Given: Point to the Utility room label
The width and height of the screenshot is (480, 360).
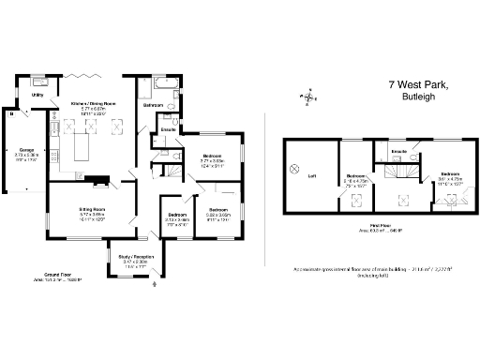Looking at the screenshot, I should (x=38, y=95).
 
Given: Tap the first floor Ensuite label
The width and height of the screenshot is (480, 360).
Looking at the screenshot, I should (x=397, y=150).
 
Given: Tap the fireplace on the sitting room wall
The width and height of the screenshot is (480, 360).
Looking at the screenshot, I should (x=97, y=179).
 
